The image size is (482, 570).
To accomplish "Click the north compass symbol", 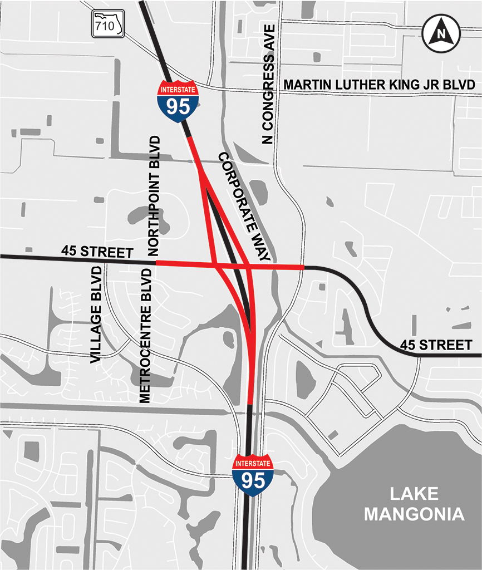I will [441, 33].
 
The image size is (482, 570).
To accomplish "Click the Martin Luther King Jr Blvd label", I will [379, 85].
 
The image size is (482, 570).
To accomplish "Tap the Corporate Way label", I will [244, 207].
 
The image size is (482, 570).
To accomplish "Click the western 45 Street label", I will [98, 252].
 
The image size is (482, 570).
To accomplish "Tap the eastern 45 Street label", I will [436, 345].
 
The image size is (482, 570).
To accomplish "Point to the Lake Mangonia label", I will [414, 503].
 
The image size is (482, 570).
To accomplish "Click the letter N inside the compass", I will [441, 33].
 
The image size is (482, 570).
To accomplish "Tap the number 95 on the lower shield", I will [253, 480].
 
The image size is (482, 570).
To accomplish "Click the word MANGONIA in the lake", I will [414, 514].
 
